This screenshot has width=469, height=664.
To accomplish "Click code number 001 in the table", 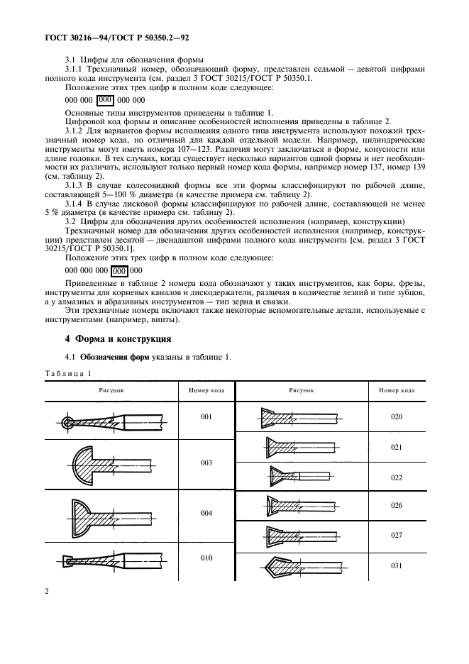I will (x=206, y=416).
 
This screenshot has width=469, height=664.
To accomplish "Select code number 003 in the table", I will (x=206, y=463).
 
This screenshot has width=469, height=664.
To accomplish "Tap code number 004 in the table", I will (x=206, y=512).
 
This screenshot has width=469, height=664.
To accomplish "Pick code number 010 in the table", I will (x=206, y=558).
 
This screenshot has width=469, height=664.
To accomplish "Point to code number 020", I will (x=396, y=416).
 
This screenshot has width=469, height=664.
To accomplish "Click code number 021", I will (x=396, y=448).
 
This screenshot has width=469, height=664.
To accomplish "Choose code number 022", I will (x=396, y=477).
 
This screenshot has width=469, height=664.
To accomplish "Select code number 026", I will (x=396, y=505).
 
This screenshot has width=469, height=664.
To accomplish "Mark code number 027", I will (x=396, y=536).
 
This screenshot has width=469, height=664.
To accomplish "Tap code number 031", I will (x=396, y=565).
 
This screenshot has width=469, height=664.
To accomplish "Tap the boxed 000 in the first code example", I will (x=105, y=100).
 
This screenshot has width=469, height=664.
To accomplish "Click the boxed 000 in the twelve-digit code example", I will (x=120, y=270).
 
